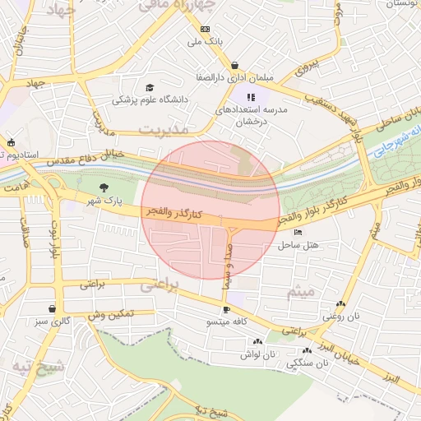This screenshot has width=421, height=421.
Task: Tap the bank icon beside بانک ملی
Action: (x=204, y=29)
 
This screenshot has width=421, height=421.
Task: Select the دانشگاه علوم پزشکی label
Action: (x=150, y=100)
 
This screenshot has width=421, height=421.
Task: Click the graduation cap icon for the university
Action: (x=150, y=88)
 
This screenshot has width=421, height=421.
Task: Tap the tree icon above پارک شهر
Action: (x=103, y=188)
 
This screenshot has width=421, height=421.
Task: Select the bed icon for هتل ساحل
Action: (x=298, y=233)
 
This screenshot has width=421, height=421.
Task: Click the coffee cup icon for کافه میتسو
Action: (x=226, y=310)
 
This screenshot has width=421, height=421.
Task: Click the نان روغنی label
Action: (x=340, y=316)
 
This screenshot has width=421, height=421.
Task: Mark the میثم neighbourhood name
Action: (x=301, y=292)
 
